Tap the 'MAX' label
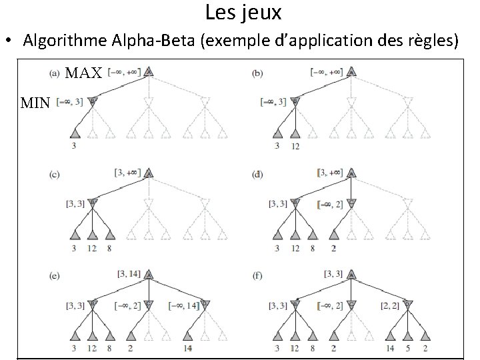pyautogui.click(x=83, y=73)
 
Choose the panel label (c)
pyautogui.click(x=55, y=175)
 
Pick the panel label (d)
pyautogui.click(x=257, y=175)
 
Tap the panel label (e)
pyautogui.click(x=55, y=273)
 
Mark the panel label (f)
pyautogui.click(x=257, y=273)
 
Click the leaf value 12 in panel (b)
pyautogui.click(x=295, y=147)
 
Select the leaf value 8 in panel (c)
pyautogui.click(x=110, y=248)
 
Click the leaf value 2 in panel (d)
pyautogui.click(x=333, y=248)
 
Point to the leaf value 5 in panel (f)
pyautogui.click(x=406, y=348)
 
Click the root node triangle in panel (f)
pyautogui.click(x=351, y=274)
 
